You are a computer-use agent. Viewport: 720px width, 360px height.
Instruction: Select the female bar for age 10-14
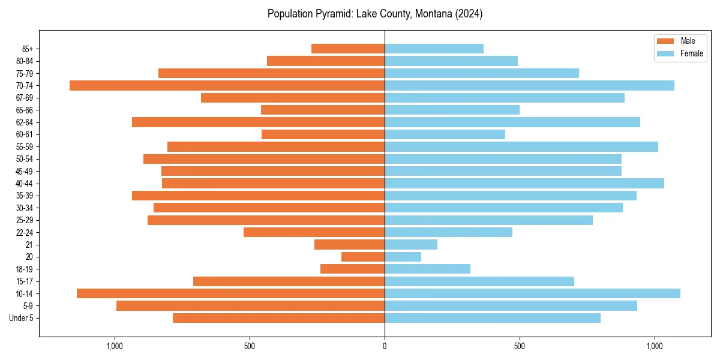click(x=532, y=293)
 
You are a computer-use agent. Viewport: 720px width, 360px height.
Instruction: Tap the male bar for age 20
click(x=363, y=257)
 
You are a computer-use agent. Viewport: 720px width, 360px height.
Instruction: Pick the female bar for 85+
click(x=434, y=49)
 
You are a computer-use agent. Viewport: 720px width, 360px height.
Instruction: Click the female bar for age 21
click(x=411, y=245)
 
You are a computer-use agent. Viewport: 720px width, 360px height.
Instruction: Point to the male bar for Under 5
click(x=278, y=318)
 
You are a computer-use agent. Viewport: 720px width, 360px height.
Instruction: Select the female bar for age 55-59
click(x=521, y=147)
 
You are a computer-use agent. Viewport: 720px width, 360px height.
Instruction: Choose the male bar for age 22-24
click(x=314, y=232)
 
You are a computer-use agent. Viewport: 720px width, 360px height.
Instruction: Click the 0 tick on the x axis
click(x=385, y=346)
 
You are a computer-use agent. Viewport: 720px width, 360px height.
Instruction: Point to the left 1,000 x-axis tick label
click(x=115, y=346)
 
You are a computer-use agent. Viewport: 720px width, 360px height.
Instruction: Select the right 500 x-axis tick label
click(x=520, y=346)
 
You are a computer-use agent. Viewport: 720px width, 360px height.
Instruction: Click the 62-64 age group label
click(x=25, y=122)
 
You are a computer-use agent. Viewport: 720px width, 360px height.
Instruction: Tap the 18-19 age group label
click(x=25, y=269)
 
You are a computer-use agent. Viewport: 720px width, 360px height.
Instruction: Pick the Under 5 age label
click(x=22, y=318)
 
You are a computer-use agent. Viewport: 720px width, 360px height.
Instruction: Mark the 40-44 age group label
click(x=25, y=184)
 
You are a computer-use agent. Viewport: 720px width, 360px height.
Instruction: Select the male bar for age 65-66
click(x=323, y=110)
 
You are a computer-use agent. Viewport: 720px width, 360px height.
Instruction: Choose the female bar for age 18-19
click(x=427, y=269)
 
